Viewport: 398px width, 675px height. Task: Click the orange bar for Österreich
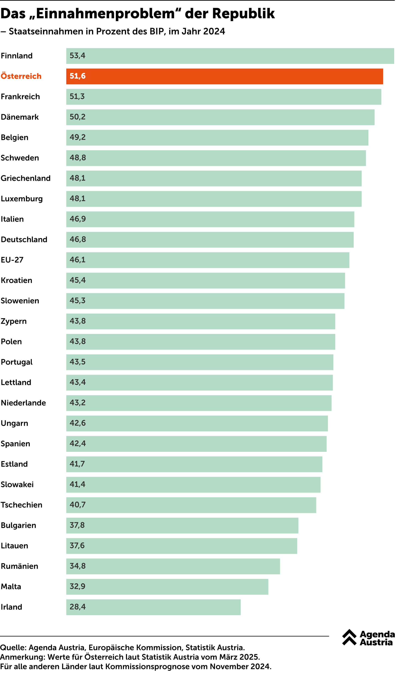pyautogui.click(x=225, y=76)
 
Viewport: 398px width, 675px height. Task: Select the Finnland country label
pyautogui.click(x=17, y=56)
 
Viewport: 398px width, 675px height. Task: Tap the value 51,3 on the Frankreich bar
pyautogui.click(x=77, y=97)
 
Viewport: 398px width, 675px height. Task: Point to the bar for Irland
pyautogui.click(x=153, y=607)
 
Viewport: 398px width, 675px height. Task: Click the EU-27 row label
pyautogui.click(x=12, y=260)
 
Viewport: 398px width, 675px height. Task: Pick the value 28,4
pyautogui.click(x=77, y=607)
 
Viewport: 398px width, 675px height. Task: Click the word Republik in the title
pyautogui.click(x=243, y=13)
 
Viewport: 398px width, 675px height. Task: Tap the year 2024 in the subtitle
pyautogui.click(x=214, y=31)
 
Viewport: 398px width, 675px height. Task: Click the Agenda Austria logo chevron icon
pyautogui.click(x=349, y=637)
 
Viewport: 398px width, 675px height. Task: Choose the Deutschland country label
pyautogui.click(x=24, y=240)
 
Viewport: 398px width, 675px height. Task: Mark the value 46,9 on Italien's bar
pyautogui.click(x=78, y=219)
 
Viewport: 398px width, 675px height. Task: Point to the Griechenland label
pyautogui.click(x=25, y=178)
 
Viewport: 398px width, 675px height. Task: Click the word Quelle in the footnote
pyautogui.click(x=13, y=648)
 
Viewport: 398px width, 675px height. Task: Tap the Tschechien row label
pyautogui.click(x=21, y=505)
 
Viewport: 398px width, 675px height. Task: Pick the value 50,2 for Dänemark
pyautogui.click(x=77, y=117)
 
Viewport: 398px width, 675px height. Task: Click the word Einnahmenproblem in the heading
pyautogui.click(x=106, y=13)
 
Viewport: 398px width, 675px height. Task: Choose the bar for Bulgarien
pyautogui.click(x=182, y=526)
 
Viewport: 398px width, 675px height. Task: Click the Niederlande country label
pyautogui.click(x=23, y=403)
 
